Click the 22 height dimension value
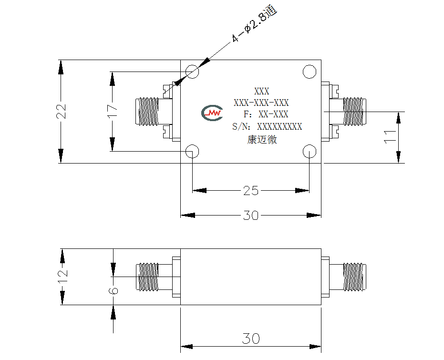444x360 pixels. [x=61, y=111]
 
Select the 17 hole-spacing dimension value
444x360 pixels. [x=113, y=111]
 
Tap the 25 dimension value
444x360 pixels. [x=251, y=191]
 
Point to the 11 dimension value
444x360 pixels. [x=390, y=137]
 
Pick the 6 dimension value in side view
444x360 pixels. [x=114, y=291]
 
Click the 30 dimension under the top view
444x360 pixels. [x=251, y=216]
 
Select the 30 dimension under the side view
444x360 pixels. [x=251, y=339]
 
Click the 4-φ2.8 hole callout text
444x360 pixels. [x=254, y=24]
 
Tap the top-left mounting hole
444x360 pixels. [x=192, y=72]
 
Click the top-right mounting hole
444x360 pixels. [x=310, y=72]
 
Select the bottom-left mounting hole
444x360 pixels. [x=192, y=152]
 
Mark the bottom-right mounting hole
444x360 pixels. [x=310, y=152]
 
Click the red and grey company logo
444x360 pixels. [x=212, y=113]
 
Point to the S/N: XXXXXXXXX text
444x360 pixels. [x=267, y=126]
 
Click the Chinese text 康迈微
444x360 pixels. [x=262, y=140]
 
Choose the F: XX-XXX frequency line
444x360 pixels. [x=266, y=114]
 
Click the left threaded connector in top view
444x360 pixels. [x=147, y=112]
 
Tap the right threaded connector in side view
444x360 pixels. [x=354, y=277]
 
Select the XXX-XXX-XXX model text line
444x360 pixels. [x=261, y=103]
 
